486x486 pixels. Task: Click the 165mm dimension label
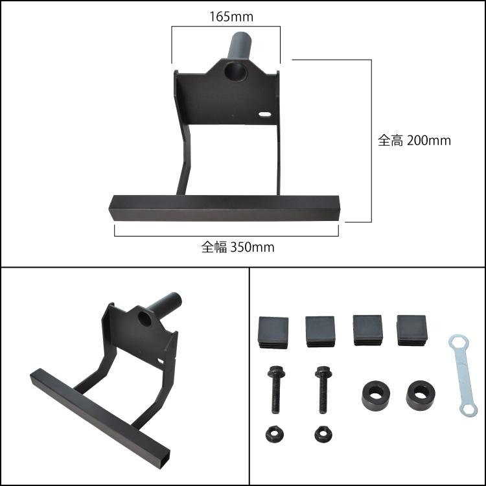click(231, 17)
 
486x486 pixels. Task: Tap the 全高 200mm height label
click(414, 141)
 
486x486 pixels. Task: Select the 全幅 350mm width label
click(238, 248)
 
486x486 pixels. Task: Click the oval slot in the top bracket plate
click(264, 114)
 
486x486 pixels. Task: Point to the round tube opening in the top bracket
click(236, 71)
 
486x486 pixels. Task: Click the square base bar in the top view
click(224, 208)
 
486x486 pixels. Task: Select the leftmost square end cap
click(273, 332)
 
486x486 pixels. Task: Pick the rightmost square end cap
click(412, 330)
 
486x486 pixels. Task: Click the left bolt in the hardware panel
click(275, 389)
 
